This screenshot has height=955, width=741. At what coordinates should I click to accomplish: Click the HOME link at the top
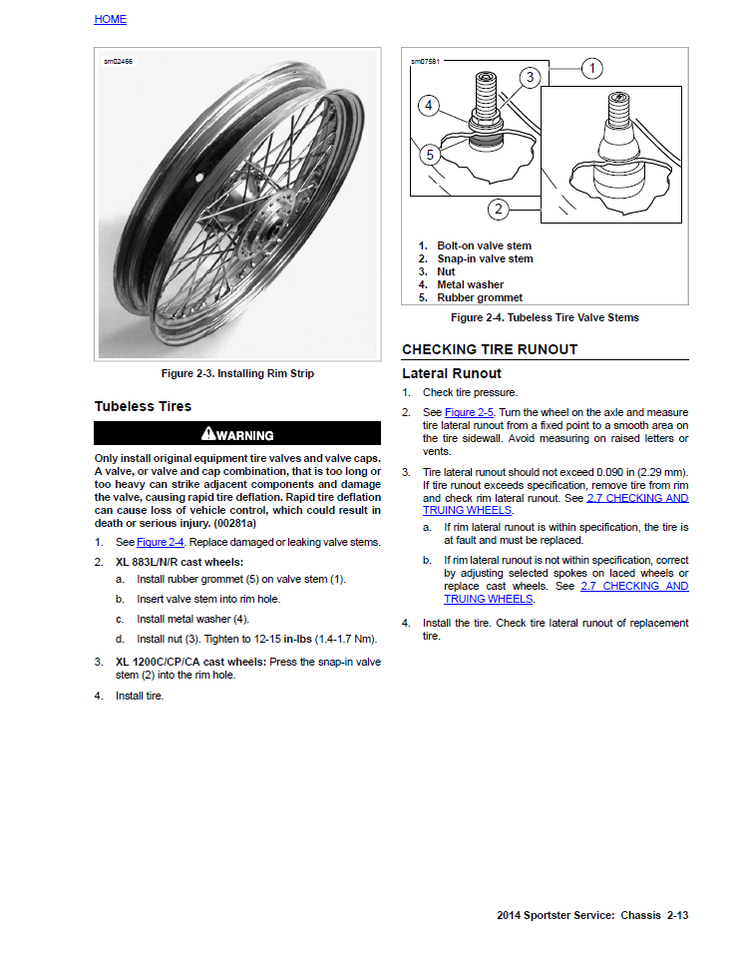click(x=110, y=19)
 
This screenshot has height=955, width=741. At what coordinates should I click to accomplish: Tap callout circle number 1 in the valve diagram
click(x=591, y=68)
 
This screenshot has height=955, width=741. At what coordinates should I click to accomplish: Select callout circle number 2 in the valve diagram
click(x=498, y=209)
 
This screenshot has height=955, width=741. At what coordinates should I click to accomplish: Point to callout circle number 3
click(x=531, y=76)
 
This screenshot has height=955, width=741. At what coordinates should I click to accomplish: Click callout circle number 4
click(x=428, y=104)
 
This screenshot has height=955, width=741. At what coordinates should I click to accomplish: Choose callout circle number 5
click(x=429, y=155)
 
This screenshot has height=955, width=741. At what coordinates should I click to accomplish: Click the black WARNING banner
click(x=237, y=434)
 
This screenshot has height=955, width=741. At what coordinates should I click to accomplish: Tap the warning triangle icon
click(x=207, y=433)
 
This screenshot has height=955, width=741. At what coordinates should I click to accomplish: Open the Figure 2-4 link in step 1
click(x=161, y=542)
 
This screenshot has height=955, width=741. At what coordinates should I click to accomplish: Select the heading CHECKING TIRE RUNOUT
click(x=490, y=349)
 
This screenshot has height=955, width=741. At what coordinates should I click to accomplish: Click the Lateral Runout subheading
click(x=452, y=373)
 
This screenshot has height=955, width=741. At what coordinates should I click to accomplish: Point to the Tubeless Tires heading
click(x=143, y=406)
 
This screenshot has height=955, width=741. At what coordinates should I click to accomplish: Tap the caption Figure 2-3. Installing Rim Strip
click(x=237, y=374)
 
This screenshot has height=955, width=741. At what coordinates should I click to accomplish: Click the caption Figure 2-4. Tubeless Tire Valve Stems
click(x=545, y=317)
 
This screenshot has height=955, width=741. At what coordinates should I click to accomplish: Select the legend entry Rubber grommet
click(x=479, y=297)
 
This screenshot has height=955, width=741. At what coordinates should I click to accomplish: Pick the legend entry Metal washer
click(x=470, y=284)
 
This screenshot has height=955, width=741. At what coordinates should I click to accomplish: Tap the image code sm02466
click(x=118, y=62)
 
